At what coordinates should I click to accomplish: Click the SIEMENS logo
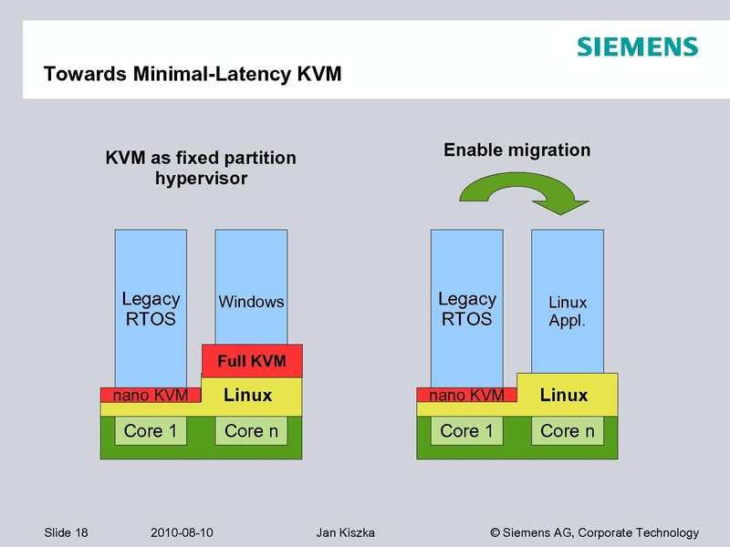pyautogui.click(x=637, y=47)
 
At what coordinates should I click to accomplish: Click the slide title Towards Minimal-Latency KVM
pyautogui.click(x=193, y=74)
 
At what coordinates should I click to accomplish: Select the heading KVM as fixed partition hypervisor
pyautogui.click(x=201, y=168)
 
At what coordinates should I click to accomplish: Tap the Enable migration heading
pyautogui.click(x=516, y=150)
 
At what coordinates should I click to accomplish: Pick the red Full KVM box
pyautogui.click(x=251, y=361)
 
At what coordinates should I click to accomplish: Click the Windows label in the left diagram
pyautogui.click(x=251, y=302)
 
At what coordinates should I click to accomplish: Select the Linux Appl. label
pyautogui.click(x=568, y=311)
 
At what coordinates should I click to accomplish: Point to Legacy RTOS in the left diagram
pyautogui.click(x=151, y=309)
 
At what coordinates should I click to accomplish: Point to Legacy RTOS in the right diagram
pyautogui.click(x=466, y=309)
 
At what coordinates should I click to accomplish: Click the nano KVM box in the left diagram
pyautogui.click(x=150, y=395)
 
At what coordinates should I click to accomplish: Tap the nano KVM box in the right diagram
pyautogui.click(x=466, y=395)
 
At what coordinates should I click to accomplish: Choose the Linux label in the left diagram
pyautogui.click(x=248, y=395)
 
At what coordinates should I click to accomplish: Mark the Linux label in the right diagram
pyautogui.click(x=564, y=395)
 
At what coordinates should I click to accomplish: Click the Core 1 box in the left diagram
pyautogui.click(x=150, y=431)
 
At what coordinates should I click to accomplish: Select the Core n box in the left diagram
pyautogui.click(x=251, y=431)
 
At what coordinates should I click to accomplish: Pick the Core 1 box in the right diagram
pyautogui.click(x=466, y=431)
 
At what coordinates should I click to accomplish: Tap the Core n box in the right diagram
pyautogui.click(x=568, y=431)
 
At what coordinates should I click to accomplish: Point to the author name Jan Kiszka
pyautogui.click(x=345, y=532)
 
